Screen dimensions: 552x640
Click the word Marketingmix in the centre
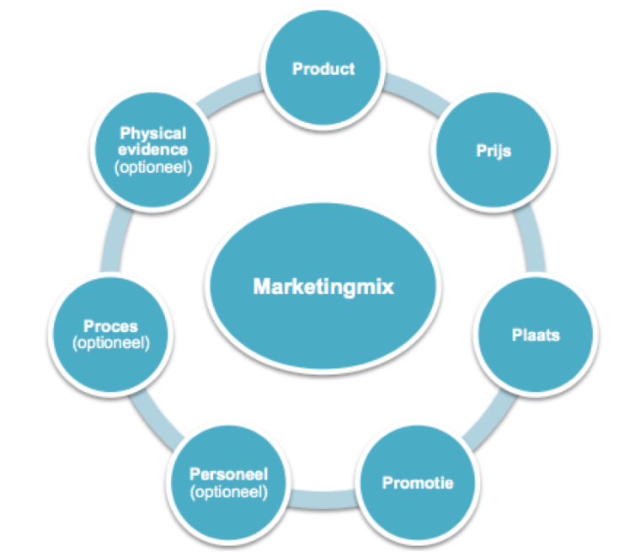324,287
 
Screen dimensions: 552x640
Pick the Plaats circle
536,335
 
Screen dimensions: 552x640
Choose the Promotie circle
419,483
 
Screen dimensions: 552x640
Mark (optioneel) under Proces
111,343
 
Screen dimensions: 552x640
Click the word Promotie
419,483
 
